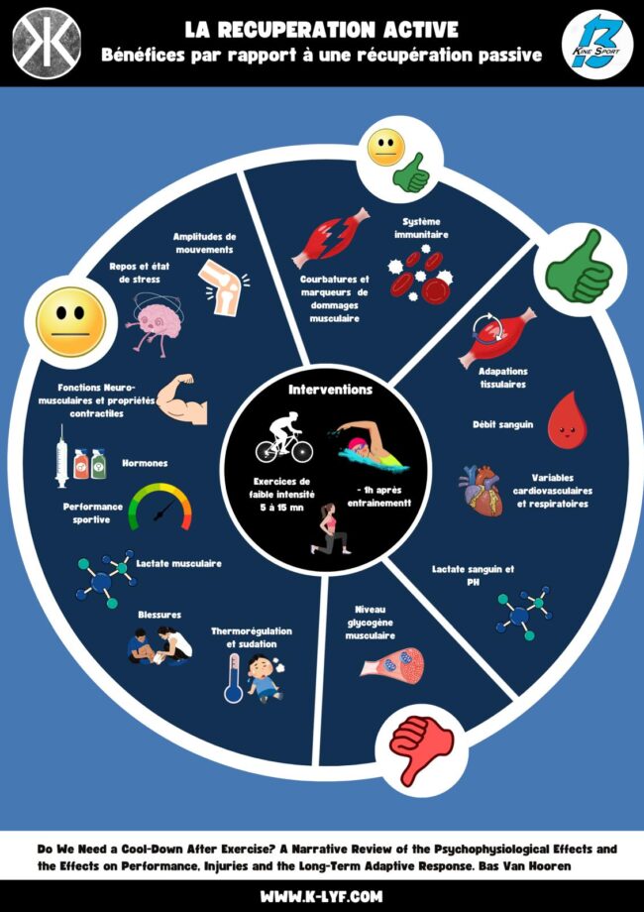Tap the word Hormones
[x=144, y=463]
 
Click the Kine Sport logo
[x=596, y=43]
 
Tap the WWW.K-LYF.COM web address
[x=321, y=896]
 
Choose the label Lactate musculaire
[x=178, y=563]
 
